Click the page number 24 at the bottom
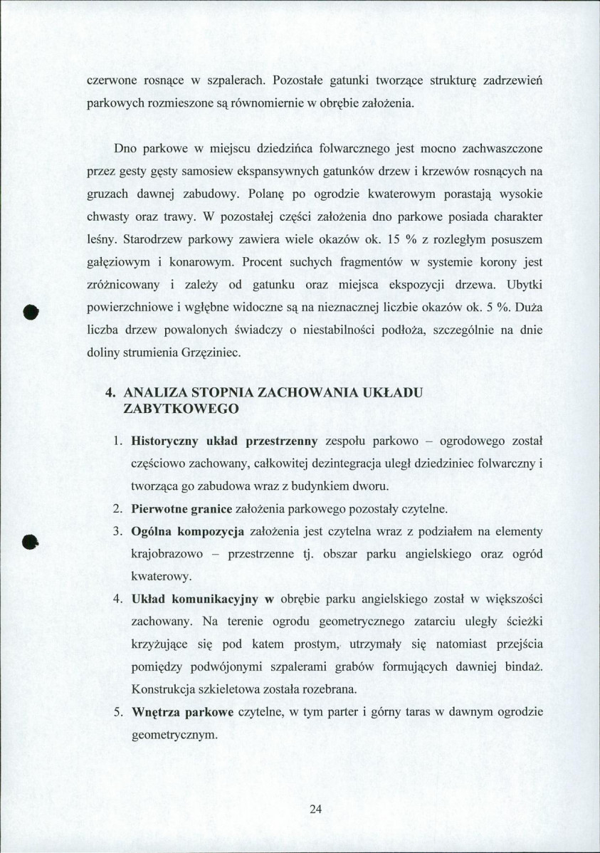click(x=316, y=809)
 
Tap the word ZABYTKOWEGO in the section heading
click(x=180, y=409)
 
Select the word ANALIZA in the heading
click(x=154, y=393)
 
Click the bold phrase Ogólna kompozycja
click(x=188, y=532)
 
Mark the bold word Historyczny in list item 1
click(x=167, y=441)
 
